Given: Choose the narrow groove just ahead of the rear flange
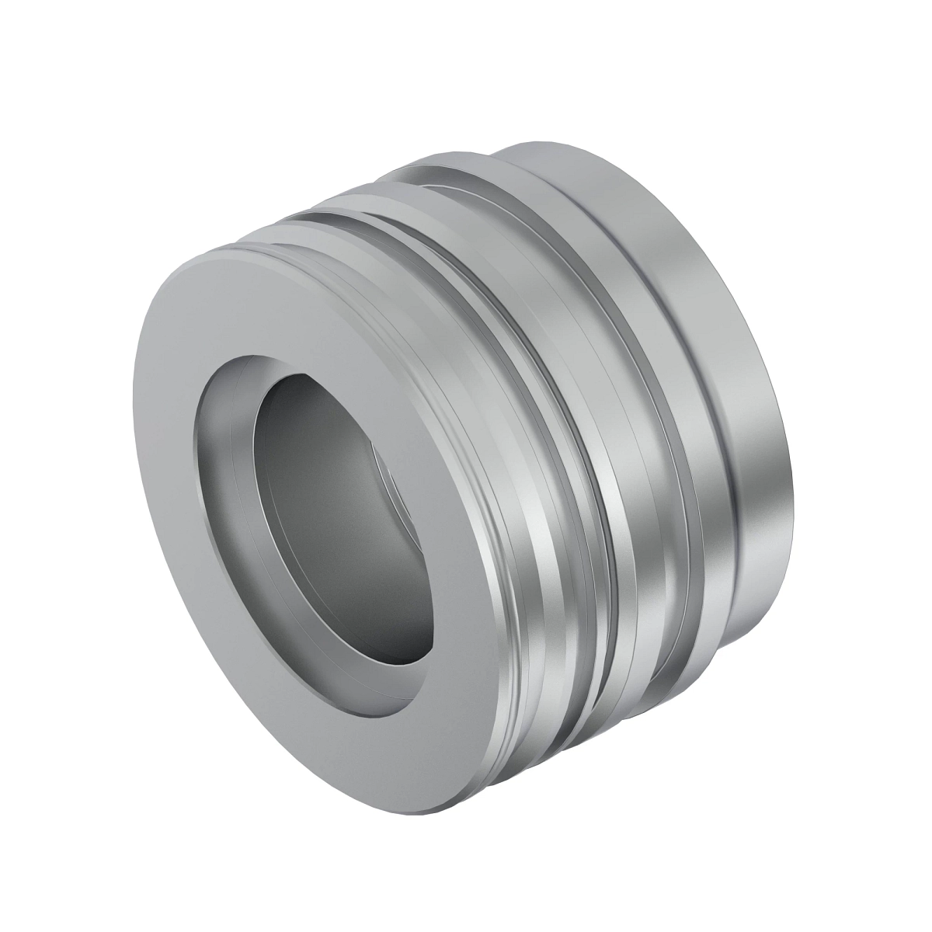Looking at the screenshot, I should click(683, 435).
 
